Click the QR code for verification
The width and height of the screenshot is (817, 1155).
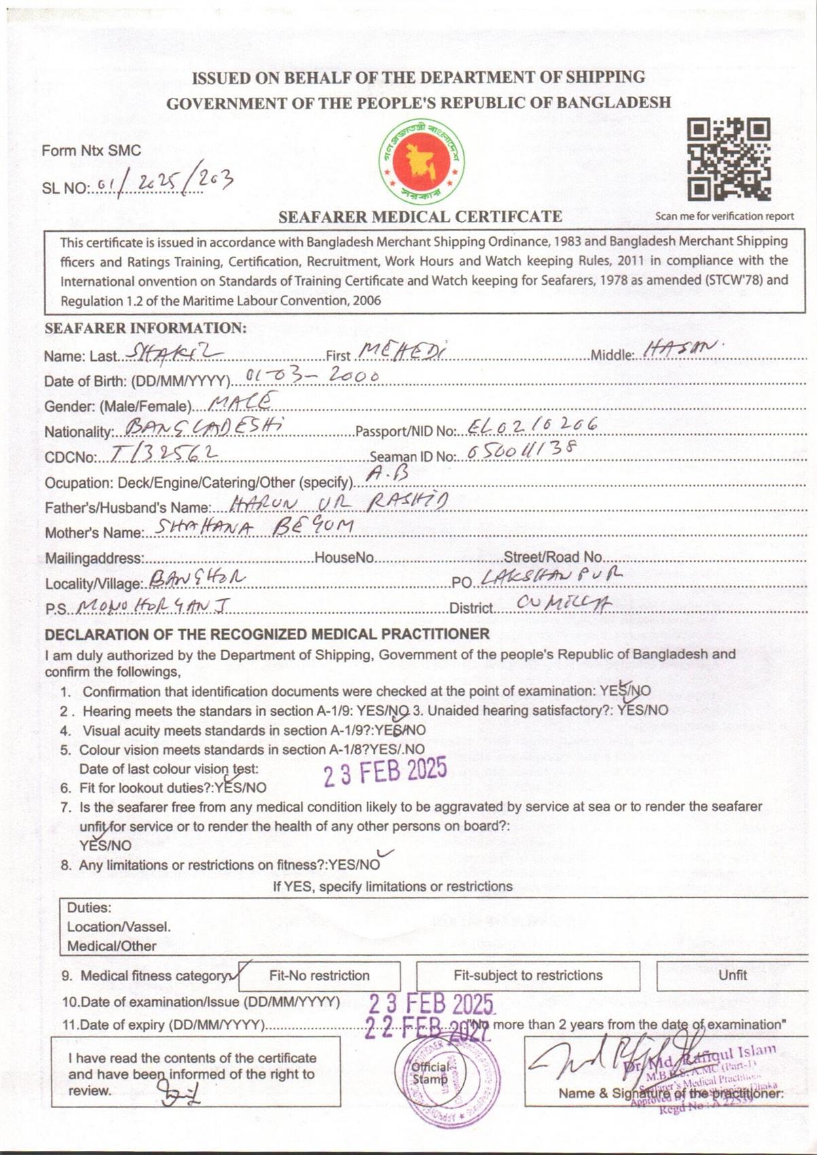coord(729,159)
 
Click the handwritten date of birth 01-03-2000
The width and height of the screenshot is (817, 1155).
coord(312,375)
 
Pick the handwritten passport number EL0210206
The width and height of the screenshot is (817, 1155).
coord(532,425)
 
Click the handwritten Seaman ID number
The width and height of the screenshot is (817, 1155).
coord(522,450)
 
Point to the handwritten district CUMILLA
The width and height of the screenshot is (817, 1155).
coord(563,603)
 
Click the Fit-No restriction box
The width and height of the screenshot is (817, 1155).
coord(319,976)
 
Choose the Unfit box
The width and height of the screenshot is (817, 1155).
coord(732,975)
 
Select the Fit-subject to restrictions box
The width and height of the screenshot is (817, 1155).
coord(528,976)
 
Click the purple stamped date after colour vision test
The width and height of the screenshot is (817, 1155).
coord(385,772)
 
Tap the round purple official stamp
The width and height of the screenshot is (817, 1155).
coord(448,1077)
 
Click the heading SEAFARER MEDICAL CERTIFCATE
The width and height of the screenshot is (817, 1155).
coord(420,217)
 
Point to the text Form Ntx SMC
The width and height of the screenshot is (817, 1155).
coord(91,150)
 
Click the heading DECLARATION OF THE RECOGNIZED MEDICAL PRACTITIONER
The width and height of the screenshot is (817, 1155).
coord(267,634)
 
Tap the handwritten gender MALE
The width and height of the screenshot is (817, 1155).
coord(242,402)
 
